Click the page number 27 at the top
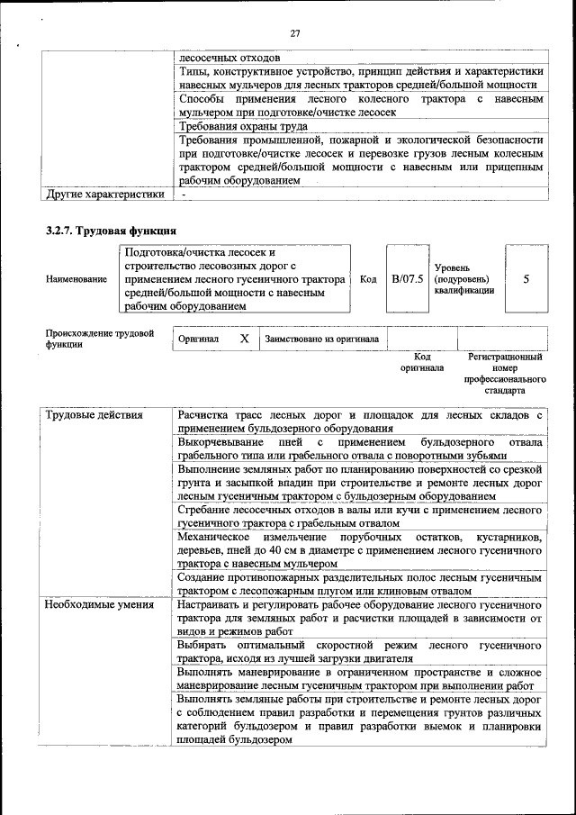(294, 33)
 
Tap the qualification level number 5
(526, 279)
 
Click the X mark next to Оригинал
(244, 339)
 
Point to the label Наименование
(76, 280)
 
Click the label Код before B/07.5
(367, 279)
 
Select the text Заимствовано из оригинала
(321, 340)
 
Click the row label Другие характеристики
(105, 194)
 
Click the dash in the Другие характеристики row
(183, 194)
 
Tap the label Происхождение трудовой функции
(100, 339)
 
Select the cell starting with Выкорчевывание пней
(360, 449)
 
